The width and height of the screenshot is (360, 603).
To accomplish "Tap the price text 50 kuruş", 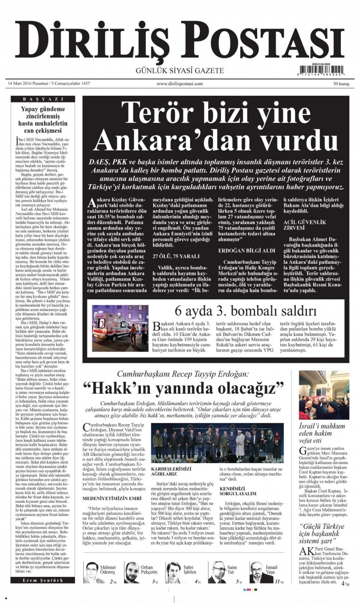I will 341,84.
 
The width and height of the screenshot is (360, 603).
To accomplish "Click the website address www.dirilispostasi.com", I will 180,84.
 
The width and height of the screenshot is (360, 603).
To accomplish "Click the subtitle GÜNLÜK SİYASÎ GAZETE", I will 180,70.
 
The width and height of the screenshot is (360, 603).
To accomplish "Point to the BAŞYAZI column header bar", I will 43,99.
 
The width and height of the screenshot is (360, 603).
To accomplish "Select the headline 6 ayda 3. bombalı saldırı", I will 245,311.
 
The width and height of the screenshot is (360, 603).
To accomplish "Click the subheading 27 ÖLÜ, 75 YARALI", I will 176,256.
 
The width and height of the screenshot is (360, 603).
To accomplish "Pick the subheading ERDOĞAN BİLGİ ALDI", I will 247,250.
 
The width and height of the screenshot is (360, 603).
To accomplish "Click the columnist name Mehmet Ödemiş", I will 108,569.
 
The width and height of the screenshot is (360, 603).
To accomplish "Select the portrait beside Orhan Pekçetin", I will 132,572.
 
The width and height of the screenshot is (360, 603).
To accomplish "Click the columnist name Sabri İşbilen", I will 190,569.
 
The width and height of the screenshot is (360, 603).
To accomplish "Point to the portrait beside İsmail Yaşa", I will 257,572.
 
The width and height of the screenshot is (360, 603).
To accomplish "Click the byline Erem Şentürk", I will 43,580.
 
